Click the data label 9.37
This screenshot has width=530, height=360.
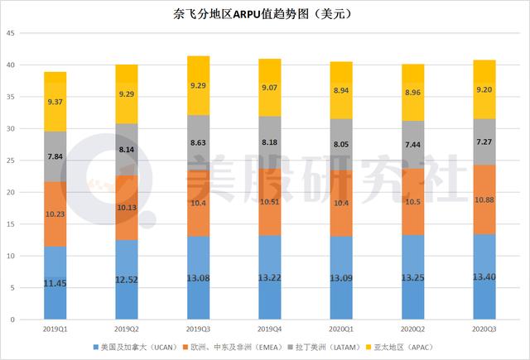[x=55, y=103]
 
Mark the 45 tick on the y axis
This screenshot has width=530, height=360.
[x=11, y=33]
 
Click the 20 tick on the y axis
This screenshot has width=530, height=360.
[x=11, y=192]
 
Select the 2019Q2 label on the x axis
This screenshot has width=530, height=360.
[x=127, y=329]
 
